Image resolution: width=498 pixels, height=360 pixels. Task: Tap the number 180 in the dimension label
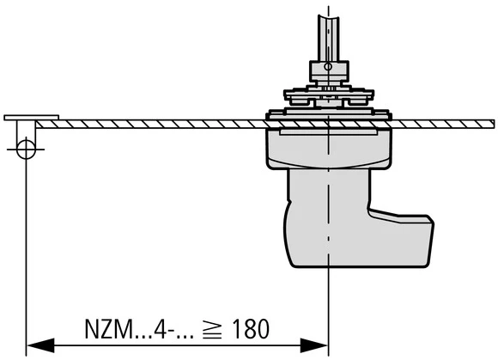coord(250,329)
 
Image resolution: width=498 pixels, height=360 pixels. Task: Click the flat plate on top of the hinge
coord(32,117)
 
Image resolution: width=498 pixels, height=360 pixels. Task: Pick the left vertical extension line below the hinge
coord(26,258)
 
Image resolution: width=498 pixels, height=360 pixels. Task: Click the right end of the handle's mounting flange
coord(386,113)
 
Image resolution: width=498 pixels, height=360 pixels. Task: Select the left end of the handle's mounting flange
coord(270,113)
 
